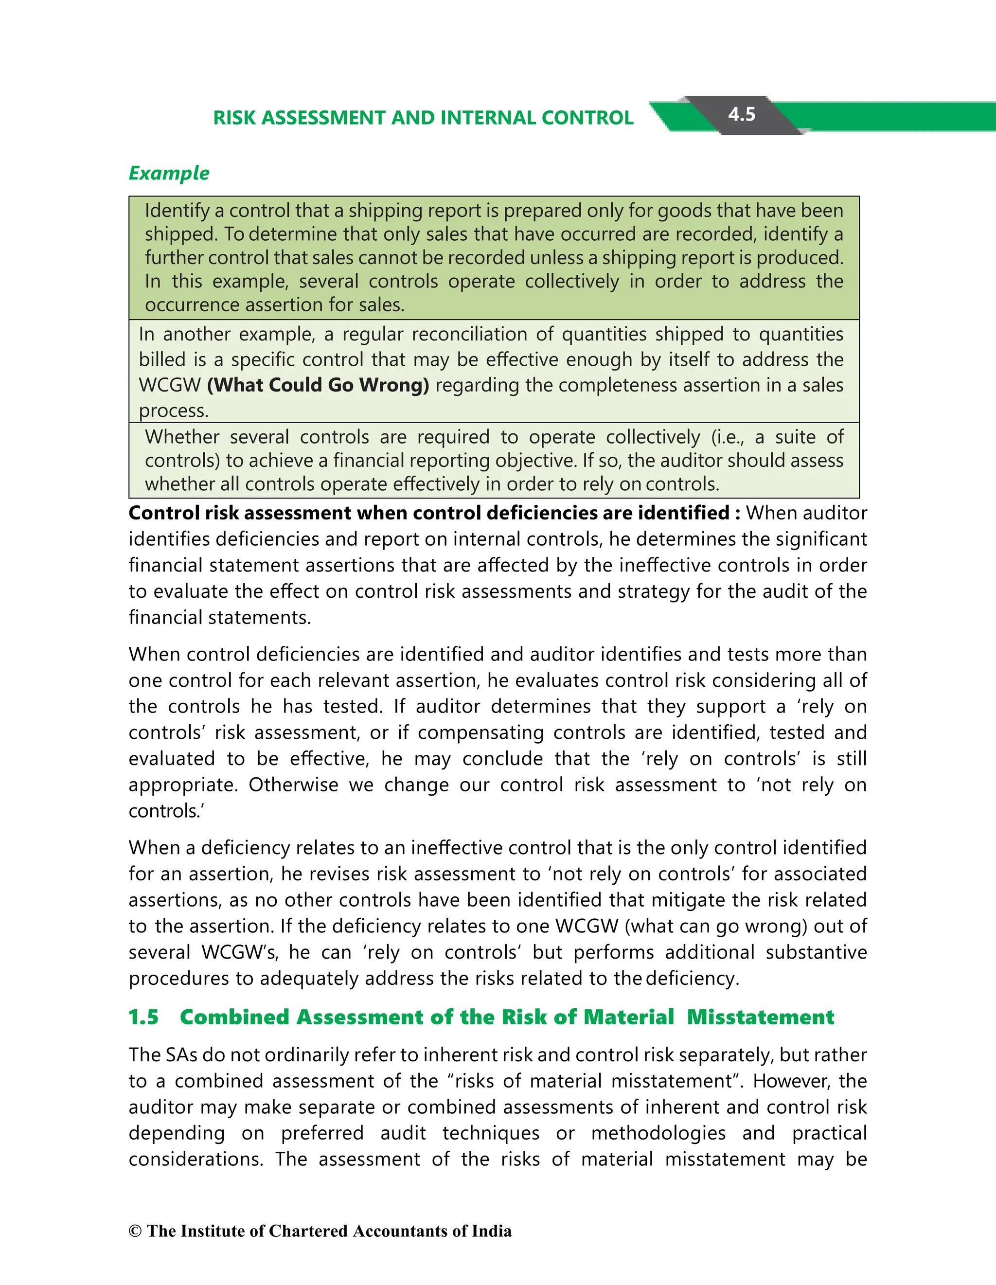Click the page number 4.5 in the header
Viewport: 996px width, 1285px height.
pyautogui.click(x=741, y=114)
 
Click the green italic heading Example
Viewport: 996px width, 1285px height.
pyautogui.click(x=169, y=173)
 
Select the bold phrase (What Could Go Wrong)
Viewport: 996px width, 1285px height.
pyautogui.click(x=318, y=385)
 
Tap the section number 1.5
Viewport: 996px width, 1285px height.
pyautogui.click(x=143, y=1017)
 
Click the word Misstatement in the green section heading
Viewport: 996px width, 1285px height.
pyautogui.click(x=761, y=1017)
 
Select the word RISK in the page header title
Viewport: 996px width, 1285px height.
pyautogui.click(x=234, y=118)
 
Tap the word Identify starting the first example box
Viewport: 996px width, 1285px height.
pyautogui.click(x=177, y=211)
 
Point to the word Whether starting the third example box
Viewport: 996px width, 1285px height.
pyautogui.click(x=182, y=437)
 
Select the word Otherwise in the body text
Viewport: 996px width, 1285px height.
pyautogui.click(x=293, y=785)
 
